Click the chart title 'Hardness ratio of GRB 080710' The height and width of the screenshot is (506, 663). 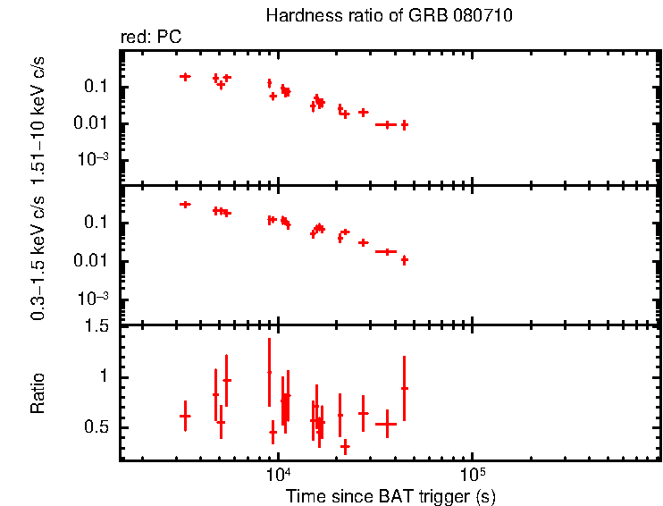coord(389,17)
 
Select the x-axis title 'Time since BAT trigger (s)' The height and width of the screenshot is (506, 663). coord(390,495)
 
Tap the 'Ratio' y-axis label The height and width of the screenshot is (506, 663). coord(38,392)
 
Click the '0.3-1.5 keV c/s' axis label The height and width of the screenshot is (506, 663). coord(38,256)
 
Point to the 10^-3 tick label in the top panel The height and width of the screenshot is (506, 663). coord(96,160)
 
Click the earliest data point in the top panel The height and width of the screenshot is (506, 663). coord(185,77)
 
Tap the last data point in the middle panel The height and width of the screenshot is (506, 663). coord(405,260)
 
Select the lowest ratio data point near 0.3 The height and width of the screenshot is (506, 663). coord(345,446)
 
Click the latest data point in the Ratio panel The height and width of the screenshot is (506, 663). coord(405,388)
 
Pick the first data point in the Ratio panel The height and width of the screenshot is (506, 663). coord(185,416)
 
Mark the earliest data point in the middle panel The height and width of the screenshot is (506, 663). coord(185,205)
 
